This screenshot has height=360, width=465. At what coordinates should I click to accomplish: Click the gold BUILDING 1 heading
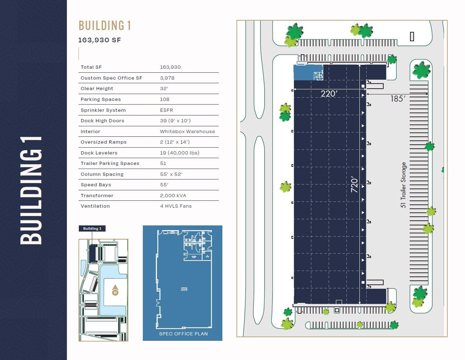point(104,26)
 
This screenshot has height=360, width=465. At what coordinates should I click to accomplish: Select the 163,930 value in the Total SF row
point(170,67)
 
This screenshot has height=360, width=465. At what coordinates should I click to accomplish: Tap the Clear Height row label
point(97,89)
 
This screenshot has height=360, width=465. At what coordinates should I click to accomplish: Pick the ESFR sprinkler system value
point(166,110)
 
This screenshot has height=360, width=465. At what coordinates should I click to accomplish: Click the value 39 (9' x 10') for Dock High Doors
point(175,121)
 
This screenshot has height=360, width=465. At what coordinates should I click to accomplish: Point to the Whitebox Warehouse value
point(187,132)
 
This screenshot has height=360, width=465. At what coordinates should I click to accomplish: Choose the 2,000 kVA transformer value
point(173,196)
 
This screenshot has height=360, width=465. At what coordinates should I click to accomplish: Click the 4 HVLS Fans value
point(176,206)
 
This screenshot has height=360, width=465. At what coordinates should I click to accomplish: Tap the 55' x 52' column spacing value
point(171,174)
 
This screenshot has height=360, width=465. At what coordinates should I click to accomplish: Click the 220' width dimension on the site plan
point(329,94)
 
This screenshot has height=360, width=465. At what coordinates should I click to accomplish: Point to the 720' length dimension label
point(354,185)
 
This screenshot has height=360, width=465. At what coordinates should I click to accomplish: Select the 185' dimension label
point(398,99)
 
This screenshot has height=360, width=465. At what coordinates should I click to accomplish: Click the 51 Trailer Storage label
point(403,185)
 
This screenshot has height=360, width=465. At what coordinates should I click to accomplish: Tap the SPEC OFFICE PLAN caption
point(183,334)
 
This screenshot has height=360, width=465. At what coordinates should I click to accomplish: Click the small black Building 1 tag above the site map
point(92,229)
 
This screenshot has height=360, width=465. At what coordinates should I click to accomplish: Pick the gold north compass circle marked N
point(115,292)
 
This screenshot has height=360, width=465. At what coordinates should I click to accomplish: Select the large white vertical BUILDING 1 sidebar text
point(31,190)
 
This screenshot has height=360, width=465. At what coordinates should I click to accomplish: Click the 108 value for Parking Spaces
point(165,99)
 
